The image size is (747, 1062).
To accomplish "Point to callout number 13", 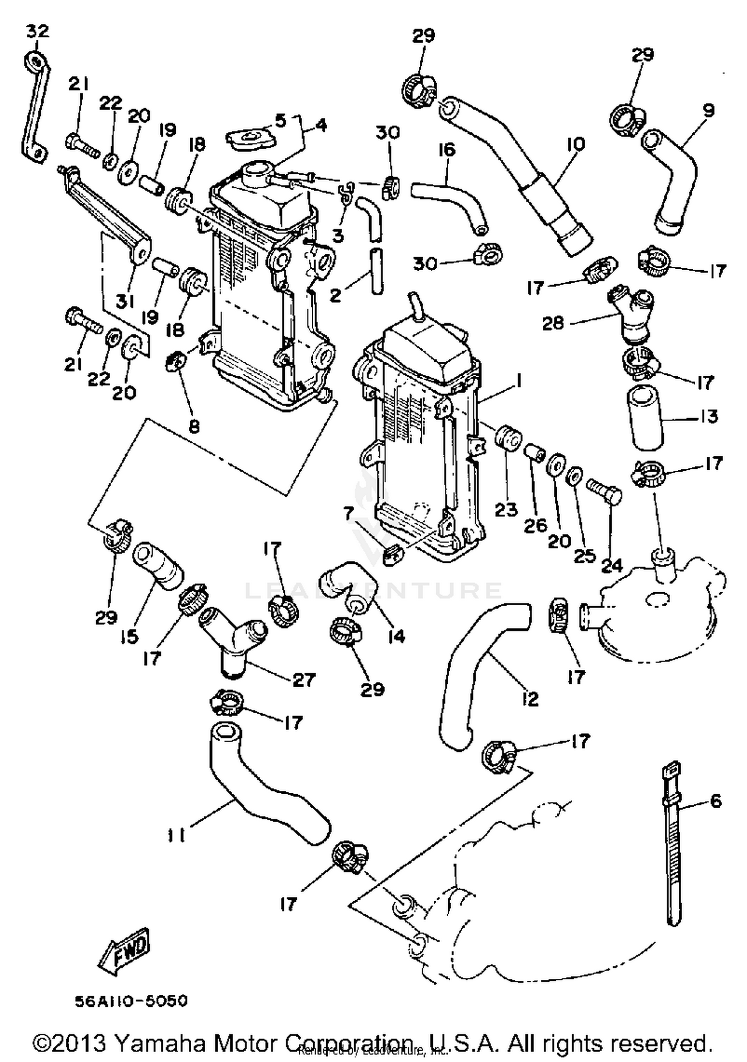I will (709, 416).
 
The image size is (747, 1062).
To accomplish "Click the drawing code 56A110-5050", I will (131, 1001).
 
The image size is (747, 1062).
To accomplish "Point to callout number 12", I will (531, 699).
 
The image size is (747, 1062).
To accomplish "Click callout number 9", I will (709, 109).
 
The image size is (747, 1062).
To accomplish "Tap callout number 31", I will (125, 300).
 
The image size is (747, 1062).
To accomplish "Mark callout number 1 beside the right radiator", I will (518, 382).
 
